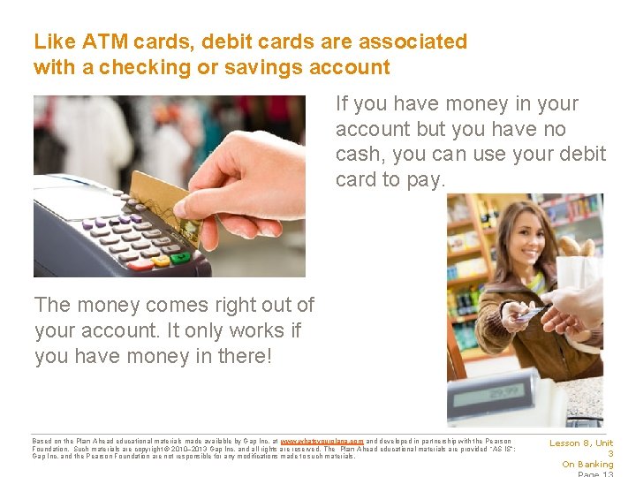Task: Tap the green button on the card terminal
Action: tap(181, 258)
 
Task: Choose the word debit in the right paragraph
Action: tap(583, 155)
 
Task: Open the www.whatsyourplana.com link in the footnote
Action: tap(322, 440)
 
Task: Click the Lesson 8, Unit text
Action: tap(581, 443)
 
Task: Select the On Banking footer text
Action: tap(587, 465)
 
